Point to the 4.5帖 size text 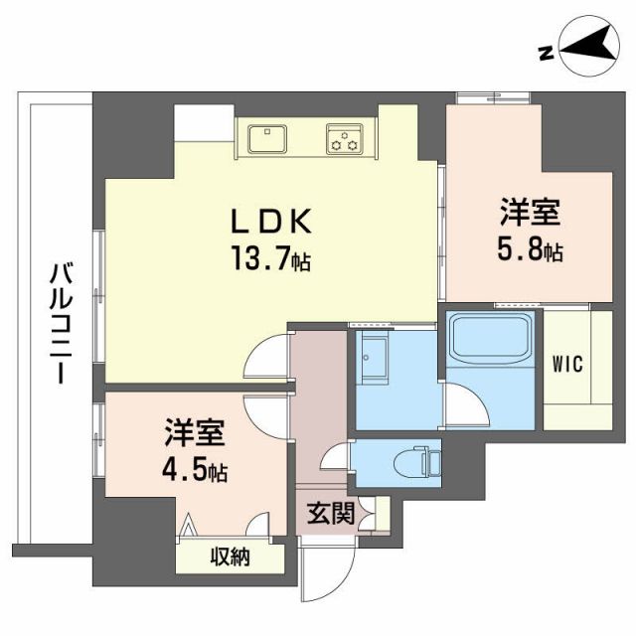pyautogui.click(x=196, y=471)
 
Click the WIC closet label pyautogui.click(x=568, y=363)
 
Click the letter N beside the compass pyautogui.click(x=546, y=53)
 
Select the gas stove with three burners pyautogui.click(x=344, y=140)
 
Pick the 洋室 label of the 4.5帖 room pyautogui.click(x=196, y=432)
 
